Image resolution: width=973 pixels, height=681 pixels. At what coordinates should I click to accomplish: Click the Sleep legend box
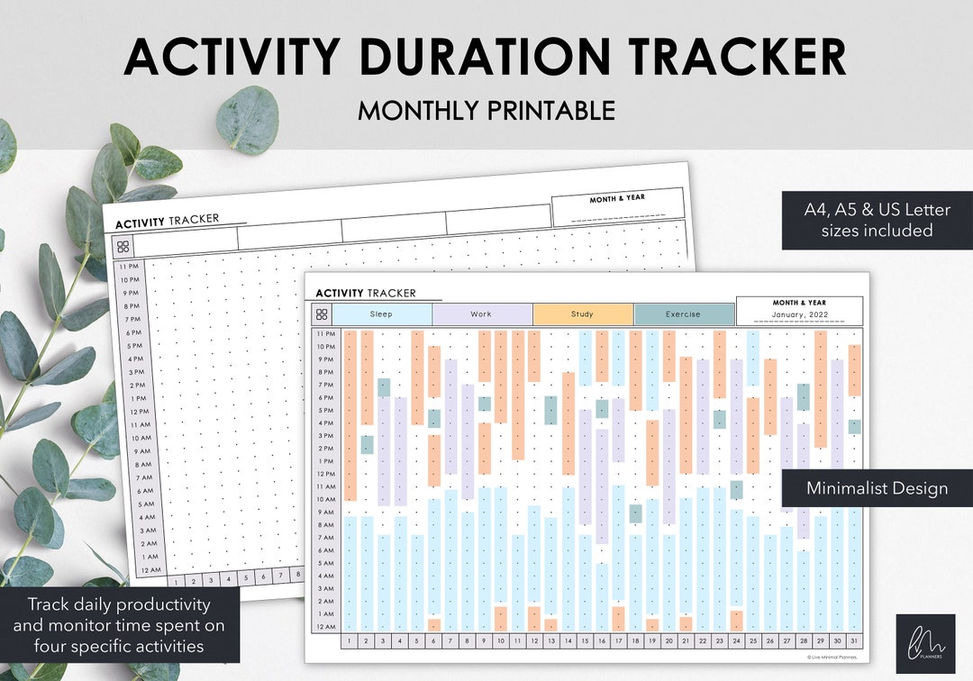point(382,314)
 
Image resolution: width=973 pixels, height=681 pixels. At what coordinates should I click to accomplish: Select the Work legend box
point(482,314)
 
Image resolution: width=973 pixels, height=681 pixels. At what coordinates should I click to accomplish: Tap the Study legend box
point(583,314)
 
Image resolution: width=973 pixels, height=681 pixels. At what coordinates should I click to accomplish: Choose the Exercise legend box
point(684,314)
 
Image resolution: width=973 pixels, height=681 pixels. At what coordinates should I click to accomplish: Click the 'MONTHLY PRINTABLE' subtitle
point(486,111)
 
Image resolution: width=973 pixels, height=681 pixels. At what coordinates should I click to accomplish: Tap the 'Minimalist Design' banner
point(877,488)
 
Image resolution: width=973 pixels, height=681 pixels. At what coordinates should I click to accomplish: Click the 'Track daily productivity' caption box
point(120,625)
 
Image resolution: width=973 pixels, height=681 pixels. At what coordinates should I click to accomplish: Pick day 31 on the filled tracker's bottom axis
point(854,641)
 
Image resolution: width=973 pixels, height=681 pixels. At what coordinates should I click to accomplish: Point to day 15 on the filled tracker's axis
point(586,641)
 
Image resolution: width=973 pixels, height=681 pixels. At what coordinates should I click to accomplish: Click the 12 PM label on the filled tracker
point(325,474)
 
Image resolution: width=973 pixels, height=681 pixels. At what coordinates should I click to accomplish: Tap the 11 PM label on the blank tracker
point(128,267)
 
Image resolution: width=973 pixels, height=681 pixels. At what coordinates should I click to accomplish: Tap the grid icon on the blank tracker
point(123,247)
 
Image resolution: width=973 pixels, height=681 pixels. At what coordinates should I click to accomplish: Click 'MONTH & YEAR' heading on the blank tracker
point(617,198)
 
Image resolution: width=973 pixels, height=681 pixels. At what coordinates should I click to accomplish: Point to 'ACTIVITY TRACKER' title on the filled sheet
point(366,293)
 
